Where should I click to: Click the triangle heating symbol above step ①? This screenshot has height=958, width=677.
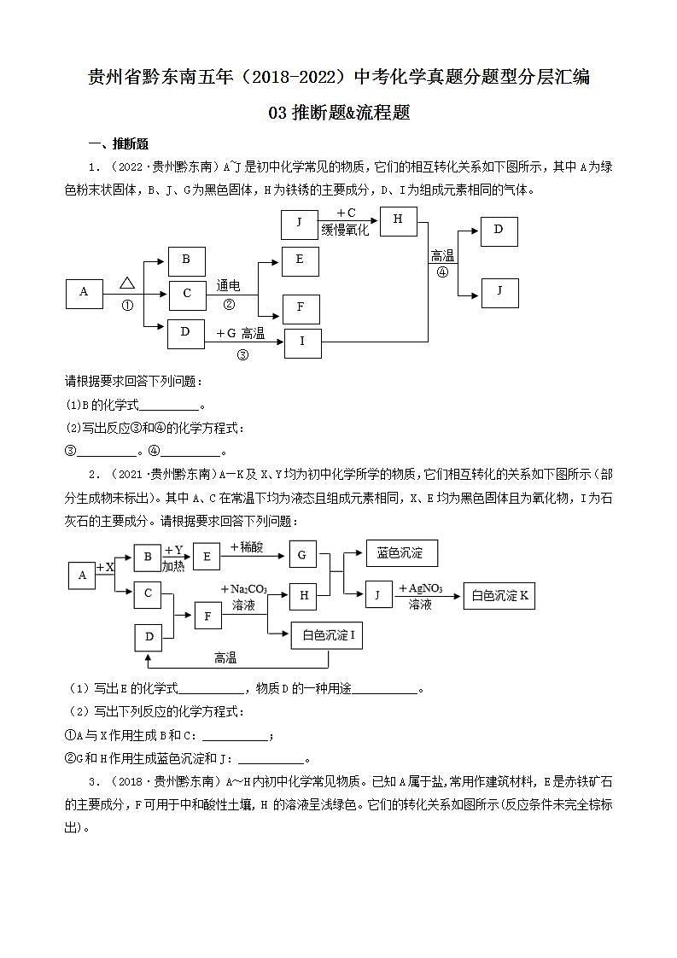coord(127,283)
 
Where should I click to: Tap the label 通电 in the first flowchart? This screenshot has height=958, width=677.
coord(228,286)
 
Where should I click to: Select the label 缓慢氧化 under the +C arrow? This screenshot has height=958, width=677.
coord(345,230)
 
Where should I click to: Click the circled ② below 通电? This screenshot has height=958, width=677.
coord(228,304)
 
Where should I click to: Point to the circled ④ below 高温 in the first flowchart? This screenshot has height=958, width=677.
coord(442,272)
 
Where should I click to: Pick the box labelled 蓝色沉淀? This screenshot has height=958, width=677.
coord(400,553)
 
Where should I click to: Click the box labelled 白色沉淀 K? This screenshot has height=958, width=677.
coord(499,596)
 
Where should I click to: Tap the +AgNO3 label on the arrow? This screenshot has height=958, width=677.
coord(421,588)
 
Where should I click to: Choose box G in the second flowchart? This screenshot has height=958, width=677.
coord(302,555)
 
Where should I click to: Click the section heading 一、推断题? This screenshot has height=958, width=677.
coord(119,143)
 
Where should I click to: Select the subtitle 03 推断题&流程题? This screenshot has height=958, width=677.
coord(339,113)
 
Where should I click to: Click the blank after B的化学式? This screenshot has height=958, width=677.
coord(168,406)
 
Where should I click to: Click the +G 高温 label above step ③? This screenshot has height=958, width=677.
coord(240,333)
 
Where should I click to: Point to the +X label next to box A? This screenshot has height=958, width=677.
coord(105,567)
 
